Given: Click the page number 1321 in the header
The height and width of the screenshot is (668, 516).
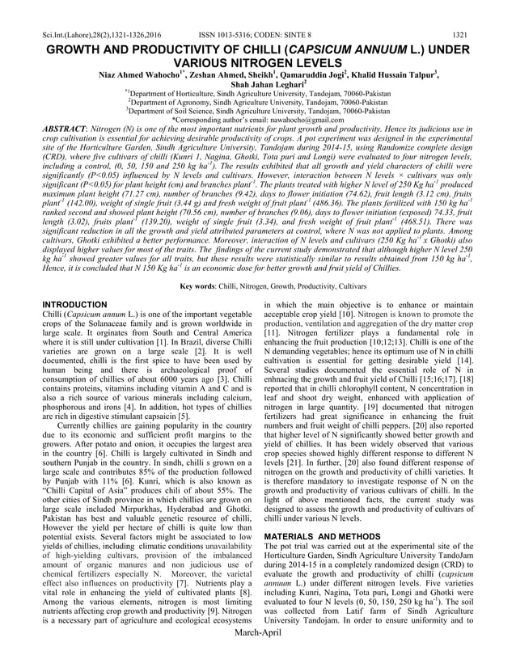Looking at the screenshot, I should [459, 13].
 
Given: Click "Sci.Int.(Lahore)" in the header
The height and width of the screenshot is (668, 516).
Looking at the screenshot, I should [68, 13].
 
